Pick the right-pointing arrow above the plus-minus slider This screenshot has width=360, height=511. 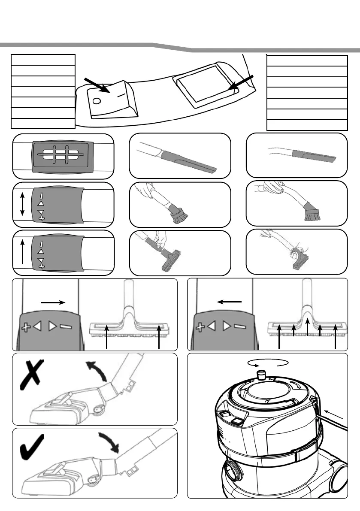(52, 302)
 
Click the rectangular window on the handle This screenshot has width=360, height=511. (203, 88)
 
